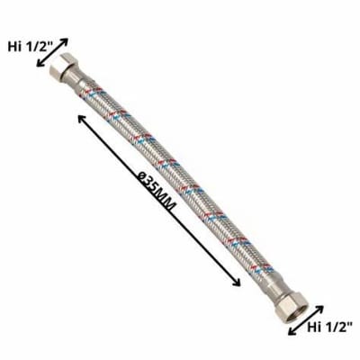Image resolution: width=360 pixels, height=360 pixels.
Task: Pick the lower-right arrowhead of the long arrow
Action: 239,283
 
